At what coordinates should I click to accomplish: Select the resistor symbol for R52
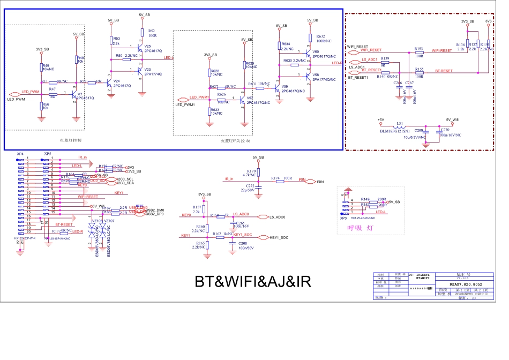142,34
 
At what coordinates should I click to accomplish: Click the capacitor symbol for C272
258,189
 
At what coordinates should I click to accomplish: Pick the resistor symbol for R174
280,182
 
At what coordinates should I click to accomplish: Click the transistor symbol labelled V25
140,48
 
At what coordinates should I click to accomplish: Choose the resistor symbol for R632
310,37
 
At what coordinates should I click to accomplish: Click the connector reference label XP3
343,219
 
